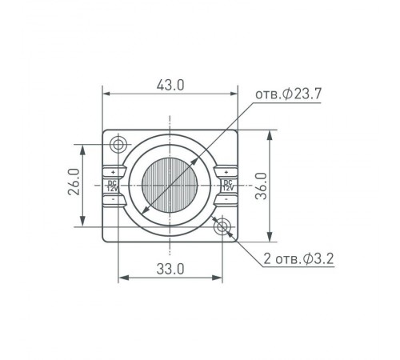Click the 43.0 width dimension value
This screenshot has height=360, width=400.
170,86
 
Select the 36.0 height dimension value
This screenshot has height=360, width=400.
261,186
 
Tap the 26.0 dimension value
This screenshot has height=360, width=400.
74,182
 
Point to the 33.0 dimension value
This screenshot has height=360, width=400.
170,269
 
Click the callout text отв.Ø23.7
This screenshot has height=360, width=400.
289,94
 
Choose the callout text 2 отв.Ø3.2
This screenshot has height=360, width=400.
298,258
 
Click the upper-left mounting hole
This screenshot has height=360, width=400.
118,145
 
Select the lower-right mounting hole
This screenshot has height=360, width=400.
222,227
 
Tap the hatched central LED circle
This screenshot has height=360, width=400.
170,185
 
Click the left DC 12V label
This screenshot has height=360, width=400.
112,186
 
